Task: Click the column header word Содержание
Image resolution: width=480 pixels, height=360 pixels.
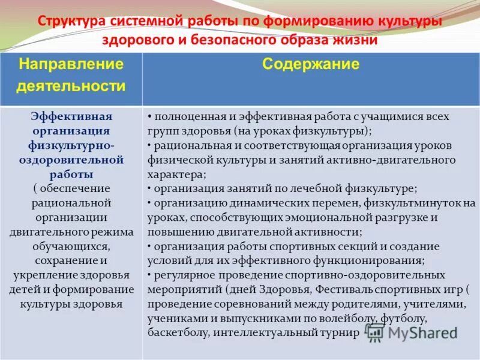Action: point(310,64)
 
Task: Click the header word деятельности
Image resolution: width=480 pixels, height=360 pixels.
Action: point(71,86)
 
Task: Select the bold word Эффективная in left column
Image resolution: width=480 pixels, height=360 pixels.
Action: point(71,116)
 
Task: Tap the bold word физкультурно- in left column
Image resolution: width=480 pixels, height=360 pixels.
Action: point(71,145)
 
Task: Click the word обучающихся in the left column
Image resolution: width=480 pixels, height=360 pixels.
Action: point(71,247)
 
